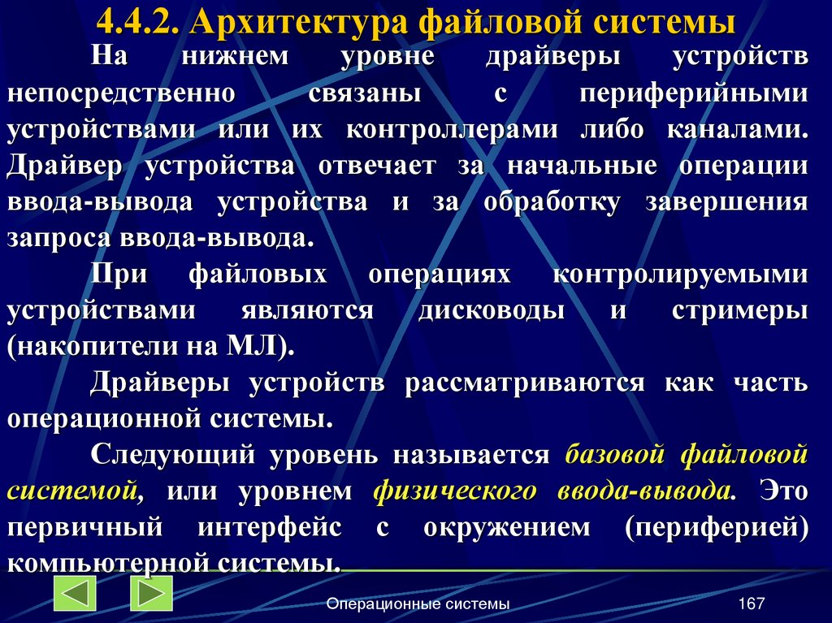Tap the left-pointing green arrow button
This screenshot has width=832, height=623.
coord(75,594)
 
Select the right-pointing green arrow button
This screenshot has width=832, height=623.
coord(152,594)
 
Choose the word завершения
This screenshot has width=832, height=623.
coord(726,202)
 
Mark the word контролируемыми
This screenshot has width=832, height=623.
coord(681,275)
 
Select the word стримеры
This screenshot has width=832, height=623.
coord(740,311)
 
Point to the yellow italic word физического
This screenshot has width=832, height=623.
coord(455,491)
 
